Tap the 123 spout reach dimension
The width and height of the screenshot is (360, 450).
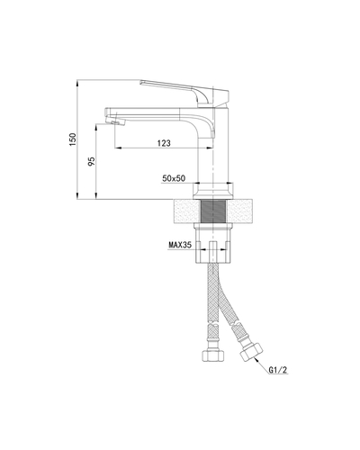click(x=164, y=142)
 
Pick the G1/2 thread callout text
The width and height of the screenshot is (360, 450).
click(x=277, y=369)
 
